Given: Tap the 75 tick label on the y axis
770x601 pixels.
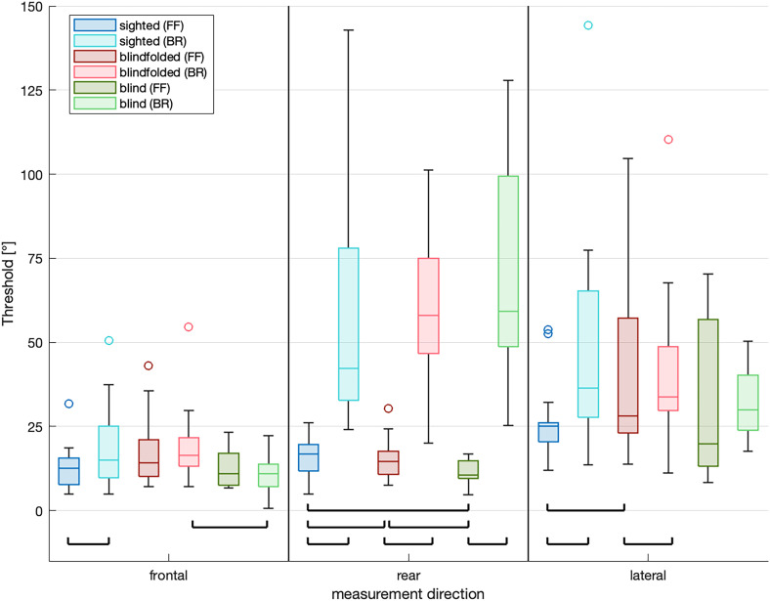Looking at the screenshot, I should pos(35,259).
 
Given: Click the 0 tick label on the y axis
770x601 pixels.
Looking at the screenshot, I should pos(39,511).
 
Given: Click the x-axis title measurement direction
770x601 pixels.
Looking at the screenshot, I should pos(407,592).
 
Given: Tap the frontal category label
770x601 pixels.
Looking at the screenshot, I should pos(168,575).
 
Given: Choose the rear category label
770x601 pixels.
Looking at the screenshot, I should pos(407,575).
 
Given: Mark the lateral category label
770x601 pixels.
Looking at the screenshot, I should pos(648,575).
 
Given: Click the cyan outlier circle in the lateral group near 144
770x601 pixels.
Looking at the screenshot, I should pos(588,25).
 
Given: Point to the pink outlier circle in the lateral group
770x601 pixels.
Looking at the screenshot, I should pos(668,140).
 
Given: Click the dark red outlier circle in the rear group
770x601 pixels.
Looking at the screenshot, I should pos(388,408).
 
